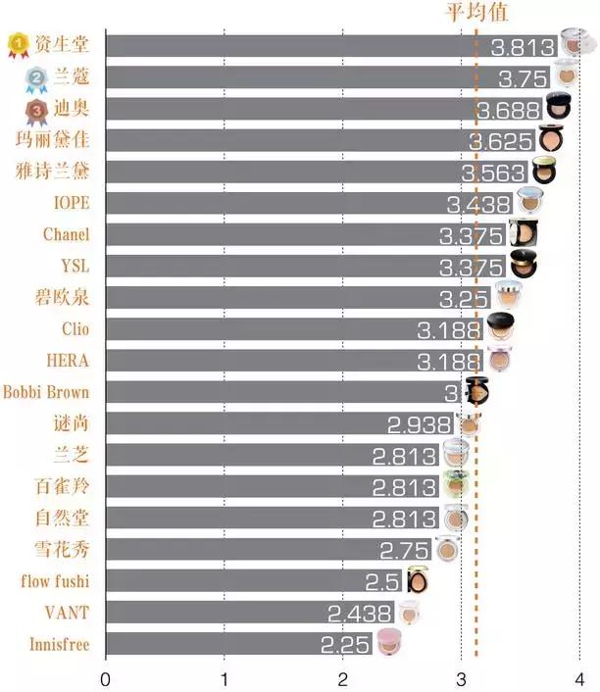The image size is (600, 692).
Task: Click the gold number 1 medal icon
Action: [x=19, y=44]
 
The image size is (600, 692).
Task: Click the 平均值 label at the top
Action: [x=476, y=12]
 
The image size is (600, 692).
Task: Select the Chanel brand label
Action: [x=66, y=234]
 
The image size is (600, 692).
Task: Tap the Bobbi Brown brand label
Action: [x=46, y=392]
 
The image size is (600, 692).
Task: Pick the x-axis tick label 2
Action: [x=342, y=678]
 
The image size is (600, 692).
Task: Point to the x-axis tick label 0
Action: [x=105, y=678]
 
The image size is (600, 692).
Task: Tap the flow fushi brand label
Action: [x=55, y=581]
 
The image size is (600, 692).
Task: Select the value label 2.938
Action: [x=419, y=424]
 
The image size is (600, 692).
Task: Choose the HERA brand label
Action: [x=68, y=361]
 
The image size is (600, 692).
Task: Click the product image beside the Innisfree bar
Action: [x=385, y=644]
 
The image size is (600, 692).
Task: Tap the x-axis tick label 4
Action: [x=579, y=678]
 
